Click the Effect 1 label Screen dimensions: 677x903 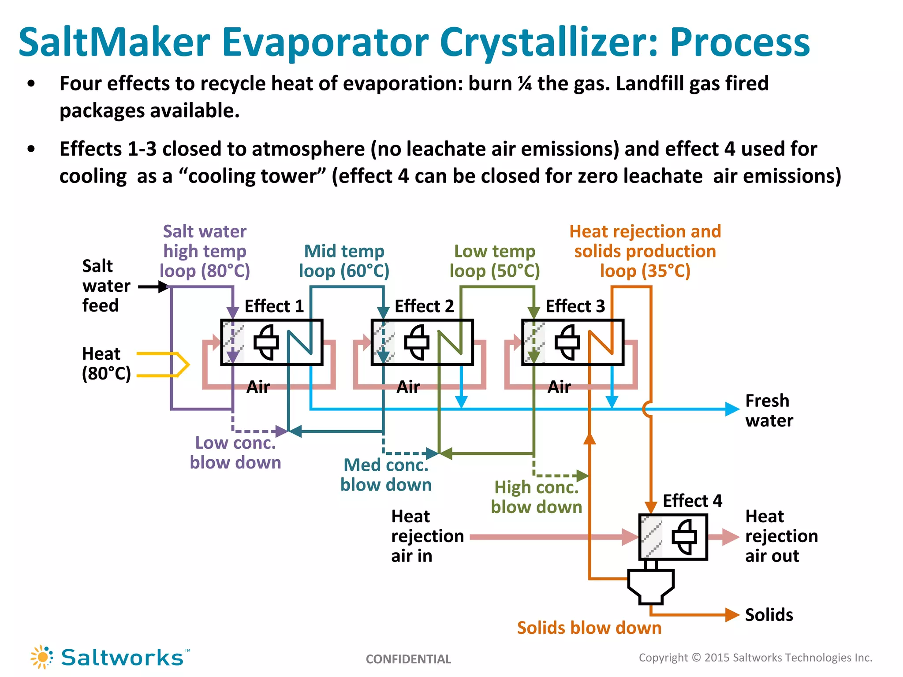click(x=274, y=306)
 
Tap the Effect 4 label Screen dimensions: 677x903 click(x=692, y=501)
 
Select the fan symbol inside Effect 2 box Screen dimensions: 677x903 click(x=416, y=342)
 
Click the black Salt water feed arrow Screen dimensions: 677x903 click(x=153, y=287)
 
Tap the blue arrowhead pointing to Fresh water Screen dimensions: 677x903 click(x=732, y=409)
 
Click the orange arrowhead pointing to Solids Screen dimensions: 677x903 click(x=732, y=614)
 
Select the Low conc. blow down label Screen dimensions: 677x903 click(x=235, y=453)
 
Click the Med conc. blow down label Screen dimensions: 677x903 click(x=386, y=475)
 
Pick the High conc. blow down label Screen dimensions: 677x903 click(x=536, y=497)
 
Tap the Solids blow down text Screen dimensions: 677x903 click(x=589, y=628)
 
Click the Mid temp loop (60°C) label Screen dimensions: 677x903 click(x=344, y=261)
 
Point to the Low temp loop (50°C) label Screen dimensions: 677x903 click(x=494, y=261)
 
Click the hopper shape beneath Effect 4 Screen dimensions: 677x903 click(x=651, y=586)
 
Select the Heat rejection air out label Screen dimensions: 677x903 click(x=781, y=536)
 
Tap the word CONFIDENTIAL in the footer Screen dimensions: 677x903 click(x=408, y=659)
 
